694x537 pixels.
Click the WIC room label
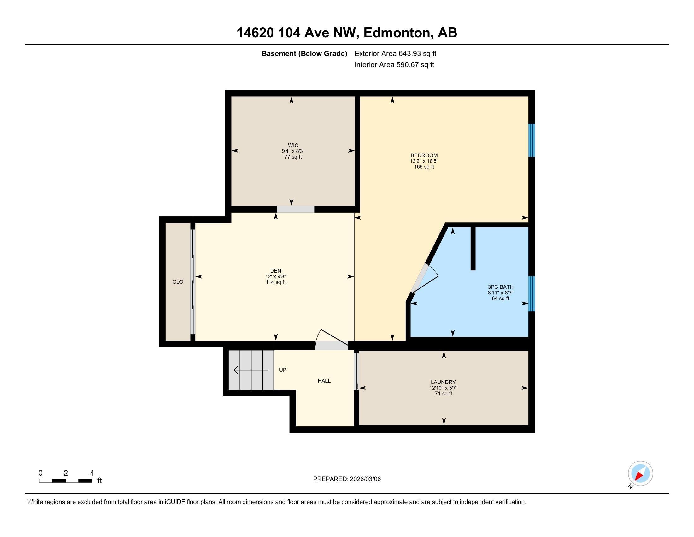click(x=293, y=145)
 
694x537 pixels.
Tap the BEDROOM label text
click(x=424, y=155)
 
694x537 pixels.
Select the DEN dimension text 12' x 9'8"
click(x=275, y=276)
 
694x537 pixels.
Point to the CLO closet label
click(x=178, y=281)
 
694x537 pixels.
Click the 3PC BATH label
click(x=501, y=287)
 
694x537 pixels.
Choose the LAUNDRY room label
click(x=443, y=382)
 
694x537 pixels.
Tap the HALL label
click(x=324, y=381)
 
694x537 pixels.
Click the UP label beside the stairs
click(x=283, y=370)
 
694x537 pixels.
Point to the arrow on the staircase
click(x=251, y=370)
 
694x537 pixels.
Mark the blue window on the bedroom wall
click(x=532, y=140)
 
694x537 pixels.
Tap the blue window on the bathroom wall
click(x=532, y=294)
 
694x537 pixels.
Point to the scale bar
click(x=66, y=480)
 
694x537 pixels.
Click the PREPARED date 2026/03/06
click(x=364, y=479)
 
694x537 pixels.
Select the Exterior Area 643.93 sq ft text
click(x=395, y=53)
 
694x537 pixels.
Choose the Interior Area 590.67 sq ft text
click(x=394, y=64)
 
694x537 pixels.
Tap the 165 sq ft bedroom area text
click(x=424, y=167)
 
